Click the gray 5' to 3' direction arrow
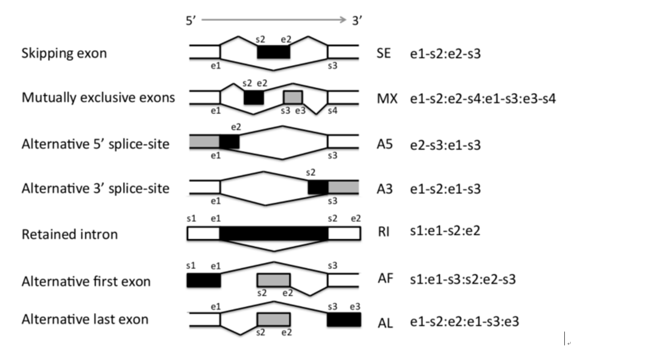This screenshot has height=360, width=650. coord(274,20)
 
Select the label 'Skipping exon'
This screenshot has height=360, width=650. coord(64,53)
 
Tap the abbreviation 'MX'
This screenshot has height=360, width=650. coord(387,99)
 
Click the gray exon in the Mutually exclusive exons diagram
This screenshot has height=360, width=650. coord(293,97)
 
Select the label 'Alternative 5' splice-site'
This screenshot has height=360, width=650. coord(95,144)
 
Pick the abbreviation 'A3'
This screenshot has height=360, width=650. coord(385,189)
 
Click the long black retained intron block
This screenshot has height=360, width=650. coord(274,233)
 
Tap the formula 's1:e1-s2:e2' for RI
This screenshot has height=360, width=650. coord(445,231)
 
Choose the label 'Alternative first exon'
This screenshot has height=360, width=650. coord(86,281)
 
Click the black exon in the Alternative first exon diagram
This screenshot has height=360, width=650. coord(204,281)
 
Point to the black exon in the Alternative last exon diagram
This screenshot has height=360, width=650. coord(344,320)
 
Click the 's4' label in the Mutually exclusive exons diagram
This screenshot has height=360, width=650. coord(333,111)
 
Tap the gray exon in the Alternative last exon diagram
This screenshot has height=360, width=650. coord(274,319)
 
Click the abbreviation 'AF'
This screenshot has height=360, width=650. coord(386,279)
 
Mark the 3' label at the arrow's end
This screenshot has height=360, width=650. coord(357,20)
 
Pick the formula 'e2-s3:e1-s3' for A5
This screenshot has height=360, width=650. coord(445,145)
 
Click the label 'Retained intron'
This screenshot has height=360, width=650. coord(70,234)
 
